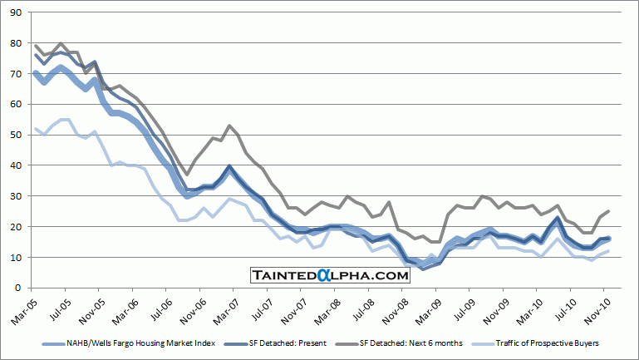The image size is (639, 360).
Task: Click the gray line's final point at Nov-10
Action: (610, 211)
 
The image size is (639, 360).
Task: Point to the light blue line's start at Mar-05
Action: (36, 129)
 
